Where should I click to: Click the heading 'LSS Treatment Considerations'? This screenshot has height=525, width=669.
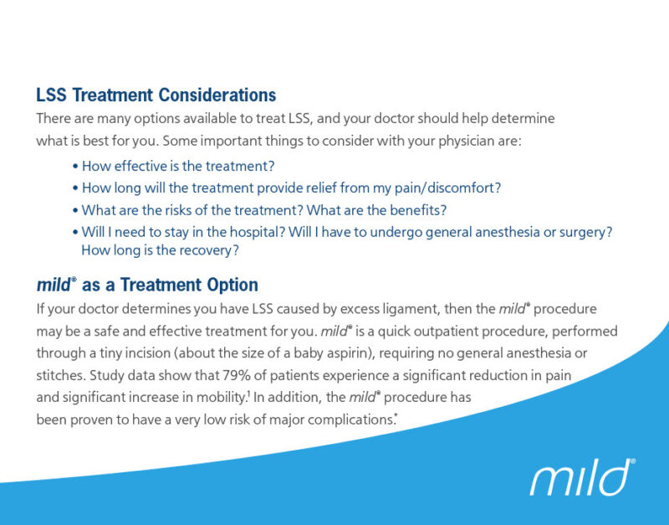click(156, 95)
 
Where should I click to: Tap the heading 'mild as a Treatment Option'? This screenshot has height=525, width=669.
click(147, 285)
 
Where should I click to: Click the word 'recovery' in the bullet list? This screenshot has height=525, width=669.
click(209, 250)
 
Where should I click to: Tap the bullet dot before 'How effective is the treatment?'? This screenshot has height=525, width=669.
click(75, 166)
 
